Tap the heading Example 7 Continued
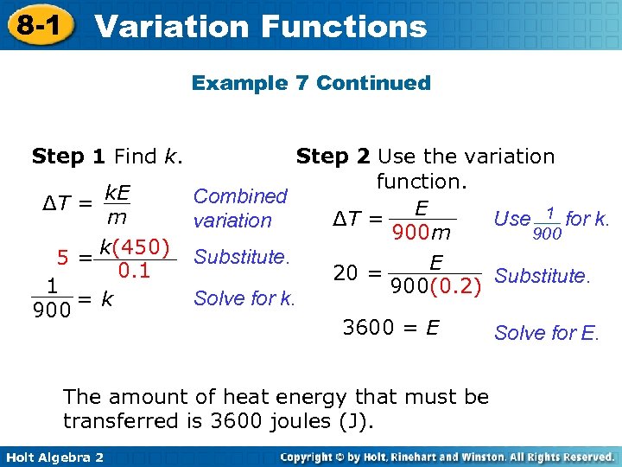pos(311,83)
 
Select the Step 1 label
pos(68,157)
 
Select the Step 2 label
pos(333,157)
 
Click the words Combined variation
pos(239,208)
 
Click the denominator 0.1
pos(134,271)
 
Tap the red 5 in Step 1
pos(63,258)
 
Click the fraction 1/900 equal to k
pos(53,297)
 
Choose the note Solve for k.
pos(244,299)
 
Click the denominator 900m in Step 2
pos(422,233)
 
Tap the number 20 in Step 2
pos(346,273)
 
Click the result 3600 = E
pos(391,328)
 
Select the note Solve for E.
pos(546,332)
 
